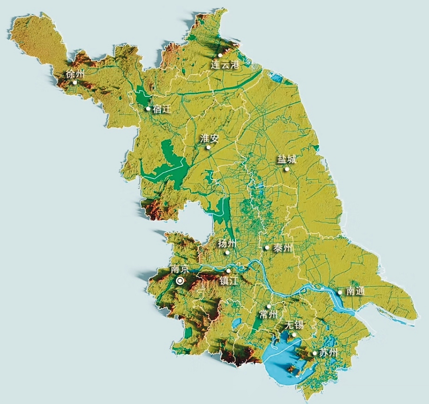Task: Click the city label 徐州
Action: (x=75, y=74)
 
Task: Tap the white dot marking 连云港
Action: (x=220, y=55)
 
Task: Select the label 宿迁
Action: (x=162, y=109)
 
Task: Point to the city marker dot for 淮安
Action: (x=208, y=147)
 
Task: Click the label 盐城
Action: (x=287, y=159)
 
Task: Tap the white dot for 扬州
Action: (x=227, y=252)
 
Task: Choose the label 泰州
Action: (x=283, y=248)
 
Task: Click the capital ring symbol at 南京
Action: (x=180, y=281)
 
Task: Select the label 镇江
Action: (x=229, y=281)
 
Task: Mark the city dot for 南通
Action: (x=340, y=293)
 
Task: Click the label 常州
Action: (x=268, y=314)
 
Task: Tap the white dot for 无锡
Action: (x=294, y=335)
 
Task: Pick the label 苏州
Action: (x=328, y=353)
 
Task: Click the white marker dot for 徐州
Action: (x=75, y=83)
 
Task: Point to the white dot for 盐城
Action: (x=287, y=169)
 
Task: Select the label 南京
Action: (x=180, y=269)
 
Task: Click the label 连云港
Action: (x=225, y=65)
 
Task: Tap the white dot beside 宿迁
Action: (x=148, y=109)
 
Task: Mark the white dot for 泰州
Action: (x=267, y=248)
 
